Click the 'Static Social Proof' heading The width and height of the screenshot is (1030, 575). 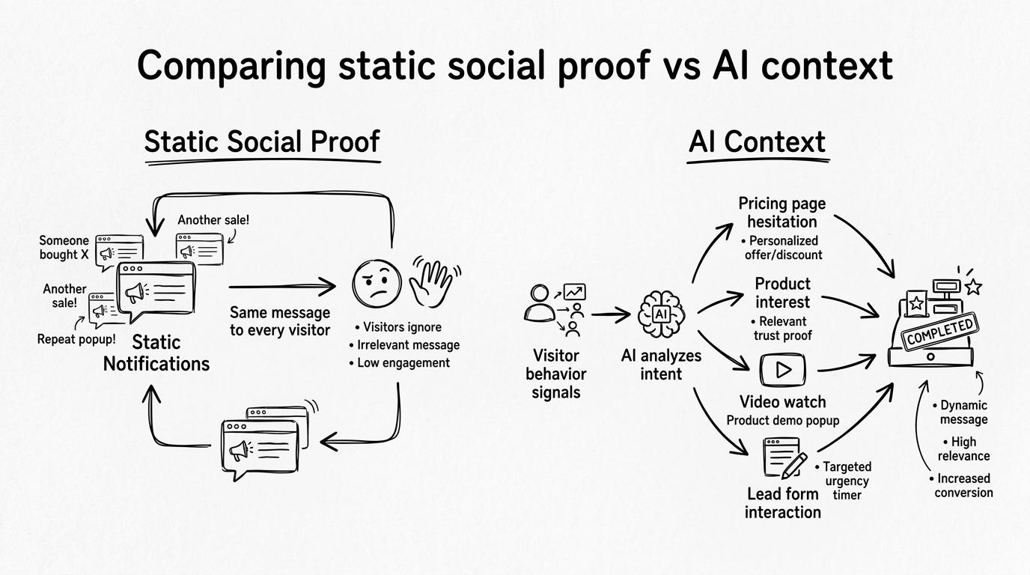pyautogui.click(x=262, y=142)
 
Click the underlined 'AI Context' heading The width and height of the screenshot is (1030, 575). pyautogui.click(x=757, y=142)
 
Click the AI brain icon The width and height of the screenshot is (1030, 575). pyautogui.click(x=659, y=314)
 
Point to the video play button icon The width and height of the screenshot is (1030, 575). pyautogui.click(x=783, y=369)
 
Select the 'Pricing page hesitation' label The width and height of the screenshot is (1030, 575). pyautogui.click(x=782, y=213)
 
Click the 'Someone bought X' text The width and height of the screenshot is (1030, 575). pyautogui.click(x=64, y=248)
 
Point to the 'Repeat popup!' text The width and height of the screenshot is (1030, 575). pyautogui.click(x=76, y=339)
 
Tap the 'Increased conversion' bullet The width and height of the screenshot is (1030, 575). pyautogui.click(x=963, y=485)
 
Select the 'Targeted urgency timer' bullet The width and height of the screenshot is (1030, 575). pyautogui.click(x=847, y=481)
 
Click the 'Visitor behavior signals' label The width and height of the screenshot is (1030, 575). pyautogui.click(x=555, y=374)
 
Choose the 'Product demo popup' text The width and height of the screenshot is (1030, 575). pyautogui.click(x=783, y=421)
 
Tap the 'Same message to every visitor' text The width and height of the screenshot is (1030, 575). pyautogui.click(x=279, y=321)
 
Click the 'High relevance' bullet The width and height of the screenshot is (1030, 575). pyautogui.click(x=965, y=449)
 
